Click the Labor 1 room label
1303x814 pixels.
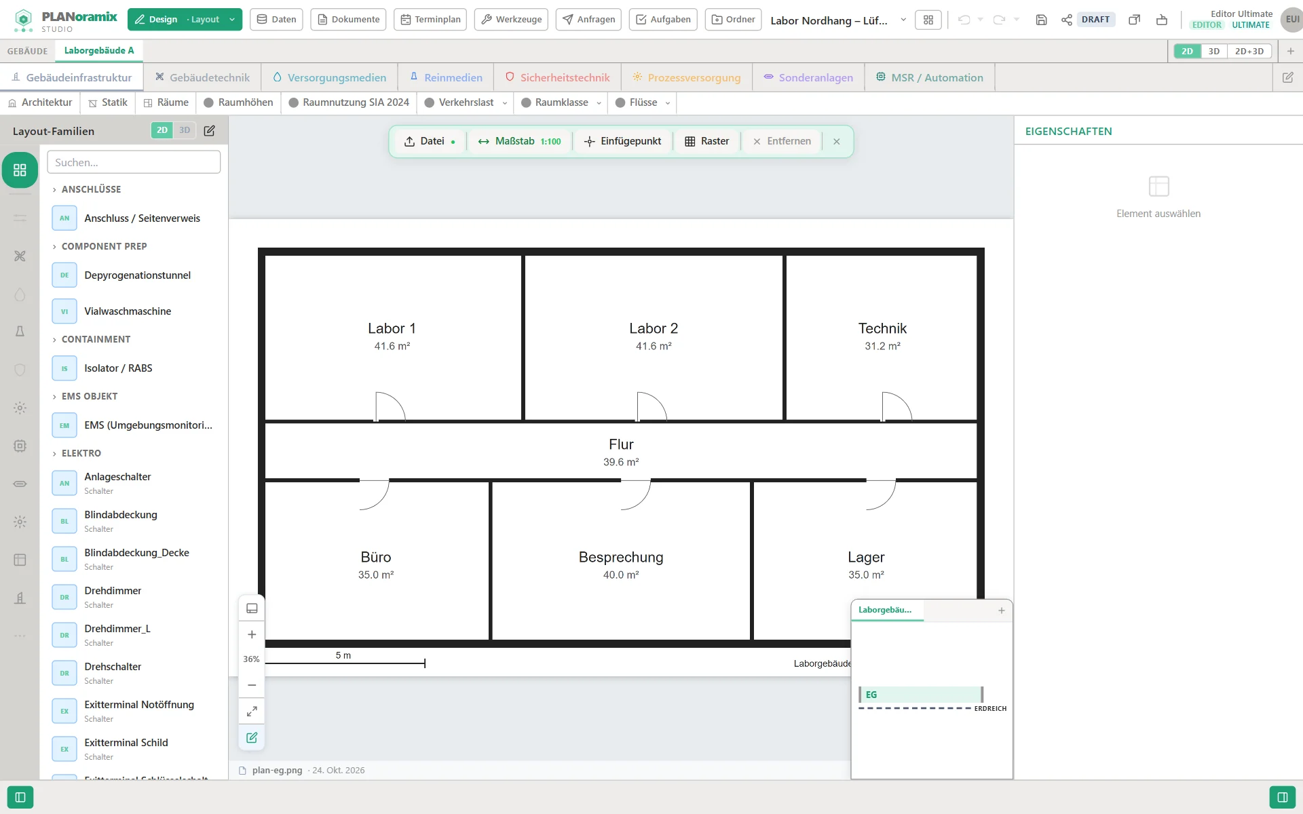click(392, 328)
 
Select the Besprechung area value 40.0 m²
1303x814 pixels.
click(621, 575)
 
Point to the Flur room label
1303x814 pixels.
click(621, 444)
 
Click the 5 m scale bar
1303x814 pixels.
click(345, 663)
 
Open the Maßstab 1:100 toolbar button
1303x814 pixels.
click(519, 141)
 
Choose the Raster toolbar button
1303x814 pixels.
click(706, 141)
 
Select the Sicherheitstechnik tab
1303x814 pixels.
click(557, 77)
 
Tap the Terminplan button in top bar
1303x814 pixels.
click(430, 20)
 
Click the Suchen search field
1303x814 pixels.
click(134, 162)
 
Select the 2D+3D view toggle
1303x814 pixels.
click(1249, 51)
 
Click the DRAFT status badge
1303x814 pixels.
click(1095, 20)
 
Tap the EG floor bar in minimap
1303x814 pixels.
click(921, 695)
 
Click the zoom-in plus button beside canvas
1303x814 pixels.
click(252, 634)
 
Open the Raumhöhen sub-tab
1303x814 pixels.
click(238, 102)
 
